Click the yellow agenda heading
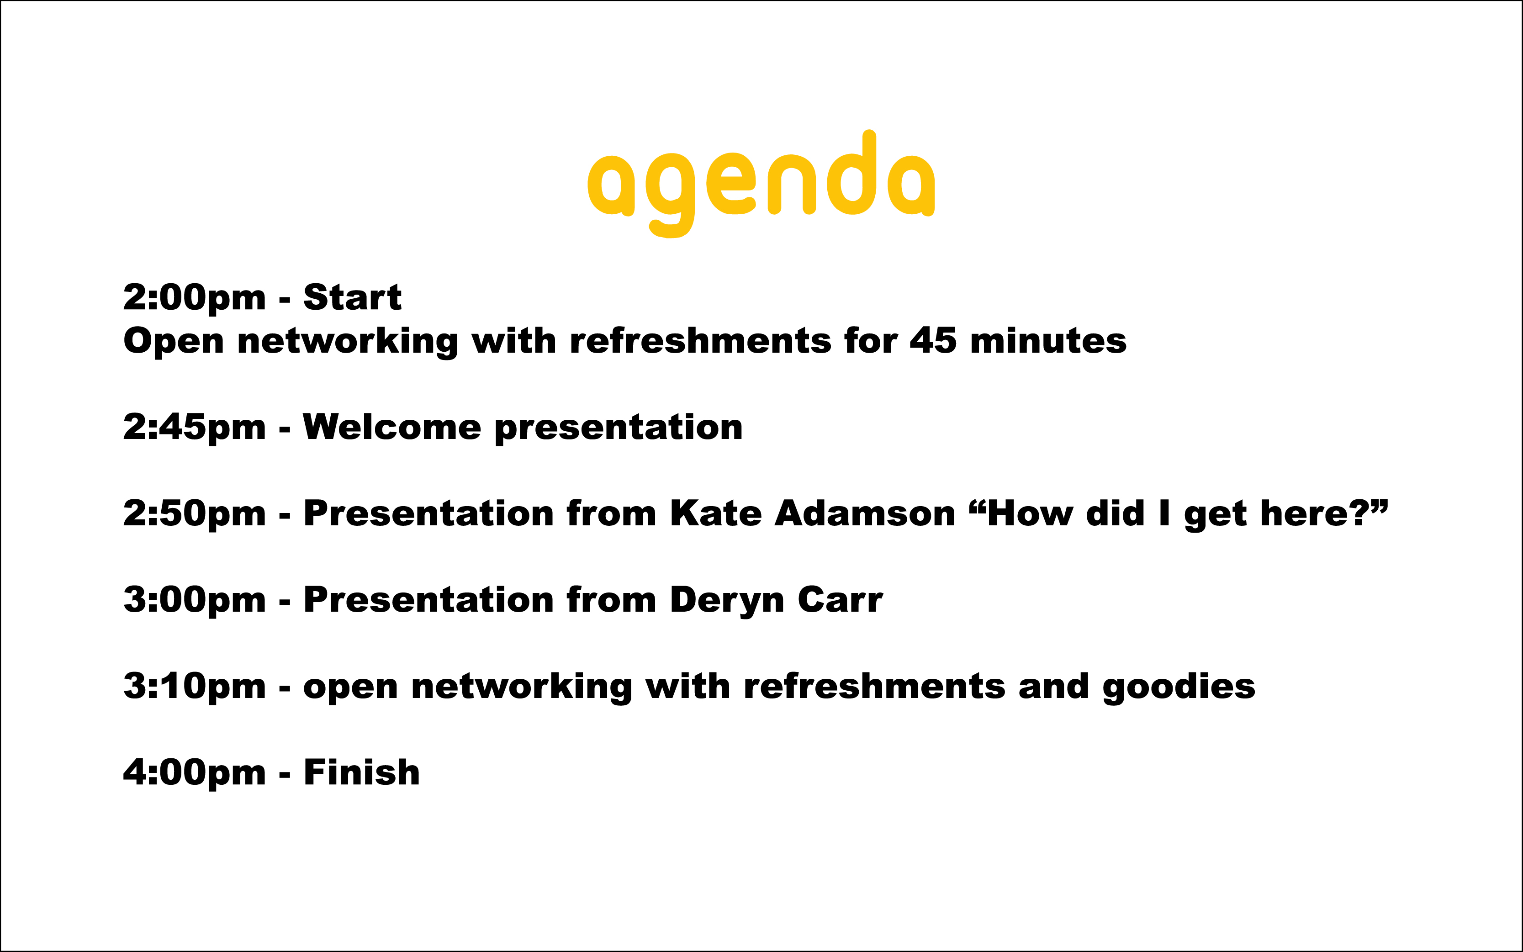tap(761, 184)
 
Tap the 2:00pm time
tap(195, 298)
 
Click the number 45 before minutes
tap(933, 341)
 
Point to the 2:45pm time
tap(195, 428)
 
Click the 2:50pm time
tap(195, 514)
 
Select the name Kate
tap(716, 513)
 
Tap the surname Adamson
tap(866, 513)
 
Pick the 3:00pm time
tap(195, 601)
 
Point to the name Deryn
tap(727, 601)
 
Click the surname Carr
tap(841, 599)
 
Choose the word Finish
tap(361, 772)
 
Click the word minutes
tap(1048, 341)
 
